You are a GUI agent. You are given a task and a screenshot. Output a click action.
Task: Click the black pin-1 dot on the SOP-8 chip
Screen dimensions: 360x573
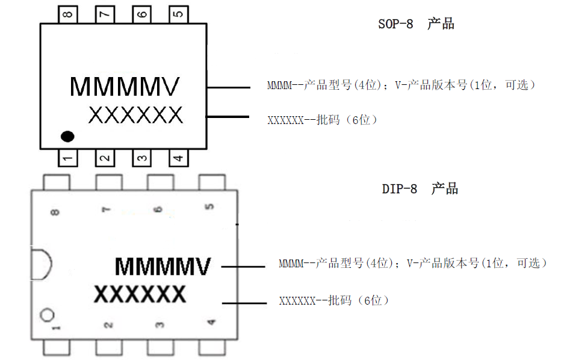(x=67, y=136)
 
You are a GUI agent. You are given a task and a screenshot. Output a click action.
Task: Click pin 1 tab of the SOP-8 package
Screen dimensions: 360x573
(x=68, y=158)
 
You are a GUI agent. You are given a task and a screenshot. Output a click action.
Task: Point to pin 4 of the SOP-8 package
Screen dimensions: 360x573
(x=178, y=158)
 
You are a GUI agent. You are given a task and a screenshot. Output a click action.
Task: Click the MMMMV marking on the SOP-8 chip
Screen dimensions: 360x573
(x=125, y=87)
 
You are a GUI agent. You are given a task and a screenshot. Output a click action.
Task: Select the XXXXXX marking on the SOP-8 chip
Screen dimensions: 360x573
(x=135, y=115)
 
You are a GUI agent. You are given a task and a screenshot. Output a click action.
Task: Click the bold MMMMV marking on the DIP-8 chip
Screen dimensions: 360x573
(x=163, y=266)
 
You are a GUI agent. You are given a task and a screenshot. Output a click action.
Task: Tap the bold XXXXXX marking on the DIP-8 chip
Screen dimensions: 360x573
(x=140, y=295)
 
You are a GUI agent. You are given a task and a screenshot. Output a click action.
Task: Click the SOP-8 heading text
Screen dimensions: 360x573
(x=415, y=25)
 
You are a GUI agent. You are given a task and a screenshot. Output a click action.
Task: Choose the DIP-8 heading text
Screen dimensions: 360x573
(x=420, y=189)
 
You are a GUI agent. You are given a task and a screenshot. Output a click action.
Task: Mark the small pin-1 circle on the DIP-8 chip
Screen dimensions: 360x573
(x=47, y=315)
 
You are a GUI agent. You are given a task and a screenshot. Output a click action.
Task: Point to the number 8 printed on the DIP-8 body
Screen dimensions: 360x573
(x=56, y=211)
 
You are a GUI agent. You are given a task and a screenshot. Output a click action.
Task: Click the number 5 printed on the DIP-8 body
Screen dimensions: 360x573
(x=209, y=207)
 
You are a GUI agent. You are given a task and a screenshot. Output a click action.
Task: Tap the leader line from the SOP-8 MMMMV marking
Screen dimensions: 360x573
(x=229, y=88)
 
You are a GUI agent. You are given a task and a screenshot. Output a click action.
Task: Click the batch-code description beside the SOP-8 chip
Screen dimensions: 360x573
(x=323, y=120)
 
